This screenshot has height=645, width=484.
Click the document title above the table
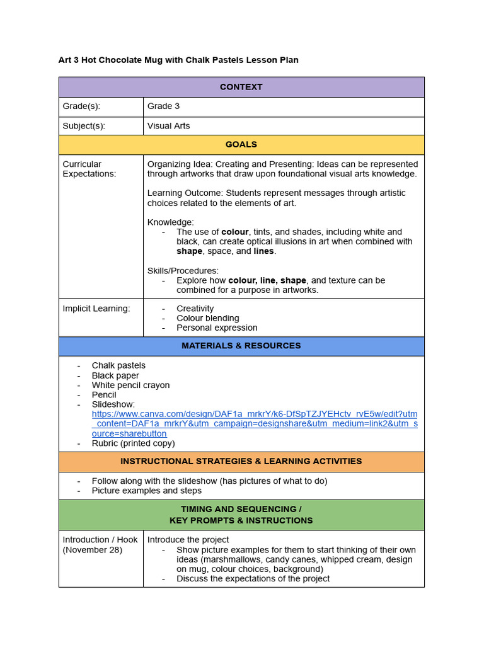(x=178, y=60)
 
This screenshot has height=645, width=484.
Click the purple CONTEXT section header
(x=241, y=87)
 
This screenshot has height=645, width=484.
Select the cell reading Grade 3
(x=163, y=106)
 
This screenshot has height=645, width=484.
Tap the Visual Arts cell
(x=168, y=126)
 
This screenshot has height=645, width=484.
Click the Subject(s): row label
(x=84, y=126)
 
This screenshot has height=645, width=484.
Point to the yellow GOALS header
(x=241, y=145)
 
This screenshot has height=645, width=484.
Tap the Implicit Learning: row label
(x=96, y=309)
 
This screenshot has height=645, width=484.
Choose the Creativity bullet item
(x=195, y=309)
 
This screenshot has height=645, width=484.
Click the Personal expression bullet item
(x=217, y=328)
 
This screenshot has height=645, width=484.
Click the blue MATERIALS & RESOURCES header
(x=241, y=346)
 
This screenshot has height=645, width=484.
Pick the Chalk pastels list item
(x=118, y=365)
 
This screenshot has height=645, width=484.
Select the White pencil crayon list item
(x=130, y=385)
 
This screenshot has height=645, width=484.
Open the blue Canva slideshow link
(x=254, y=423)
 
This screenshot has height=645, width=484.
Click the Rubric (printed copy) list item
(x=133, y=443)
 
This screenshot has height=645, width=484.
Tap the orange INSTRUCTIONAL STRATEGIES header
(x=241, y=462)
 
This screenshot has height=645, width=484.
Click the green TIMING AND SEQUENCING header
(x=241, y=515)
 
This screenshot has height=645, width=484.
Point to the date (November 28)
(x=92, y=550)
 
